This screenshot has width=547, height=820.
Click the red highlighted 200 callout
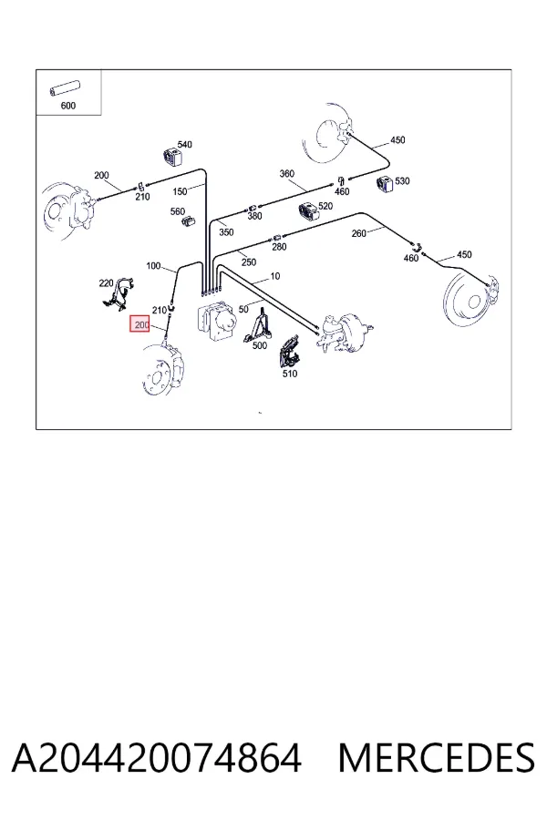pos(140,324)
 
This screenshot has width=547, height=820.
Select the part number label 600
pos(68,106)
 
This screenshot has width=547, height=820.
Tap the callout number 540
pos(185,144)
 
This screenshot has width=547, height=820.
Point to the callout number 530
pos(402,181)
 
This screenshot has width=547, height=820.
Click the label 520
pos(325,206)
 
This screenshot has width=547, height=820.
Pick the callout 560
pos(178,211)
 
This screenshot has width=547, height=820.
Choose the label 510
pos(290,374)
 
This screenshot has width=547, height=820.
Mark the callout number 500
pos(260,345)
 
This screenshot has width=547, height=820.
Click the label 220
pos(107,283)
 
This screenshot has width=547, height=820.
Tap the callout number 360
pos(287,173)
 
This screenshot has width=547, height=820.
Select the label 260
pos(358,233)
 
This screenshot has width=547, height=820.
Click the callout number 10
pos(275,276)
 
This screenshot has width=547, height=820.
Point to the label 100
pos(153,266)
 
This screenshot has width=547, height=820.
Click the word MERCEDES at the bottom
pos(437,758)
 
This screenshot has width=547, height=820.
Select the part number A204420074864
pos(157,758)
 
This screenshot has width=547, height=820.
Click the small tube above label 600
pos(65,89)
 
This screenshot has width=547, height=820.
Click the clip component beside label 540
pos(171,157)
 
